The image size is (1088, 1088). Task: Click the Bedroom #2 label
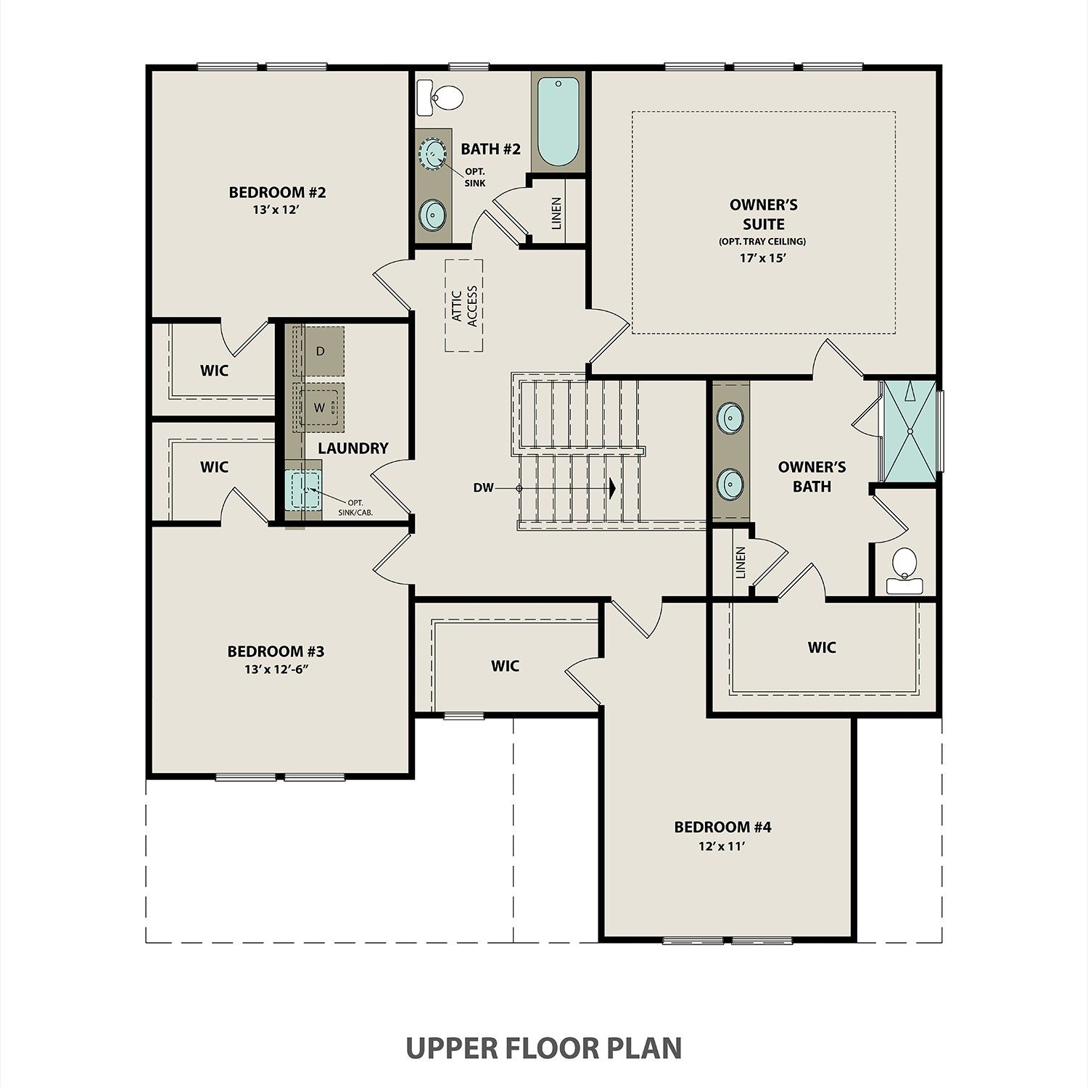[277, 192]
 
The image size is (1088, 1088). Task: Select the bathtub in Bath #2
[558, 122]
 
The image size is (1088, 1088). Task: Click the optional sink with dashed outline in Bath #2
[433, 153]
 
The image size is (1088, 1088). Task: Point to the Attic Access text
[464, 306]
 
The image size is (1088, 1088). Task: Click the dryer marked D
[320, 351]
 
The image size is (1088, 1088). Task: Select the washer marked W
[319, 407]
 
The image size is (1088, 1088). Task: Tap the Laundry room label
[353, 448]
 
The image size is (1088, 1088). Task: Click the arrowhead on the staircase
[612, 488]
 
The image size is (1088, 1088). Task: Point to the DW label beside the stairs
[483, 488]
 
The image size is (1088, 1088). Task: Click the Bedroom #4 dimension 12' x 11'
[722, 845]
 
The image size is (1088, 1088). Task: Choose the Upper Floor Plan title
[543, 1048]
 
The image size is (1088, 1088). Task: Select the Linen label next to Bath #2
[556, 213]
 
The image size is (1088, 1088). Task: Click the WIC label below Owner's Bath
[822, 647]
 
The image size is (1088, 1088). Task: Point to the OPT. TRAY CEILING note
[762, 242]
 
